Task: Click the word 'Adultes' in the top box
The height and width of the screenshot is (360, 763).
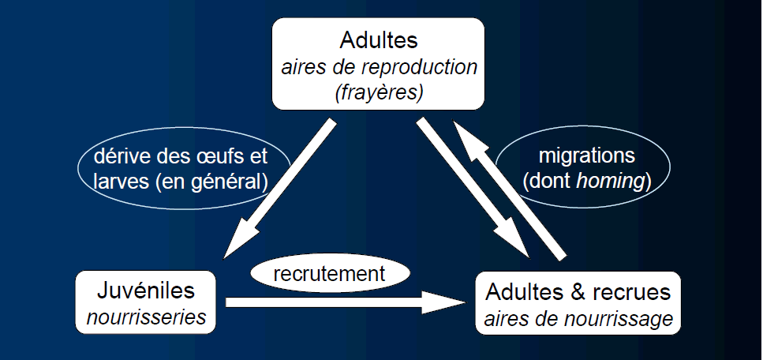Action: [379, 39]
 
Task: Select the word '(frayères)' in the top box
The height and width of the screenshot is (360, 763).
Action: [379, 92]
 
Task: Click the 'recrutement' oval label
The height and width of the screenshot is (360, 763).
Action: [329, 274]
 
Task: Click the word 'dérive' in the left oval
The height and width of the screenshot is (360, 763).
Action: [119, 156]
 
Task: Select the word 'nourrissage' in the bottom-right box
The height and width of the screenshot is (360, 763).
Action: [628, 318]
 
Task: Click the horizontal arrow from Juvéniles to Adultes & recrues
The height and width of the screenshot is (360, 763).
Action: [331, 301]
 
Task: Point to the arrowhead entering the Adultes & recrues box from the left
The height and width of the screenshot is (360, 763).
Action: [446, 301]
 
